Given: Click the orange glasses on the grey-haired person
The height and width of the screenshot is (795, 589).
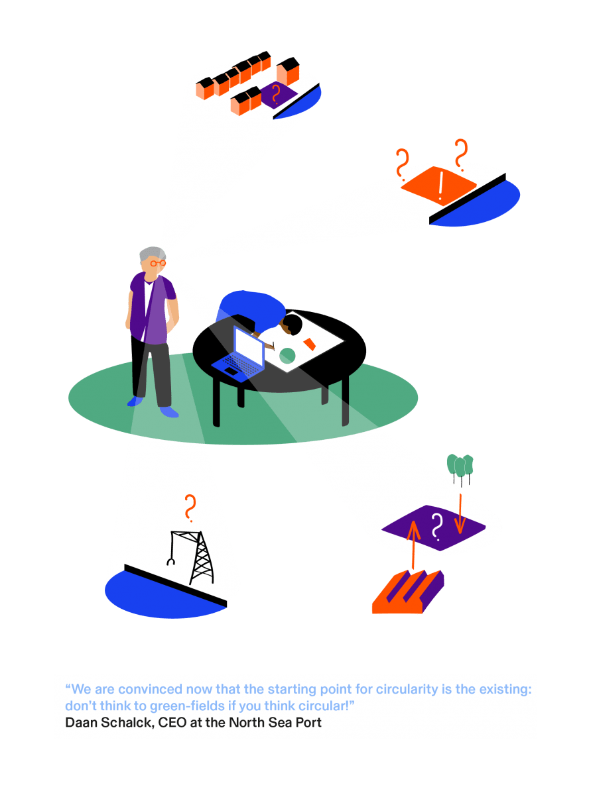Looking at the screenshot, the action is (x=157, y=264).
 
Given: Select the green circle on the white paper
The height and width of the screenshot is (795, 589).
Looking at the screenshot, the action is (x=287, y=356).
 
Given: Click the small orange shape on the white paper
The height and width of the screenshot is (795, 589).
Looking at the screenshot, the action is (x=309, y=344).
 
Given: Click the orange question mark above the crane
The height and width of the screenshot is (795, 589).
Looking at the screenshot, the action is (x=190, y=508).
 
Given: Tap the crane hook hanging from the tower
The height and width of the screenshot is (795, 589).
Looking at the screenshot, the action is (x=170, y=562).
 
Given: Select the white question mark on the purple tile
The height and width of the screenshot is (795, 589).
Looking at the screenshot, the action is (x=436, y=527).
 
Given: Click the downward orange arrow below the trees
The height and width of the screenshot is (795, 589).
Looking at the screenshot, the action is (x=460, y=514).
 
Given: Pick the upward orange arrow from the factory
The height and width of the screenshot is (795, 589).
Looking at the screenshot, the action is (x=413, y=545).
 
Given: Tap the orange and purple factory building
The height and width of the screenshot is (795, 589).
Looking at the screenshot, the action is (x=408, y=592).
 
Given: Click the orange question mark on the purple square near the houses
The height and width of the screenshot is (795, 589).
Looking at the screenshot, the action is (x=276, y=94).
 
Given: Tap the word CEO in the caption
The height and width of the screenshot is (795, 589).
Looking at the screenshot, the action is (x=172, y=723).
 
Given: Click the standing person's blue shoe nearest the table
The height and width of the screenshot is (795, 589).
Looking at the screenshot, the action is (x=169, y=412).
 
